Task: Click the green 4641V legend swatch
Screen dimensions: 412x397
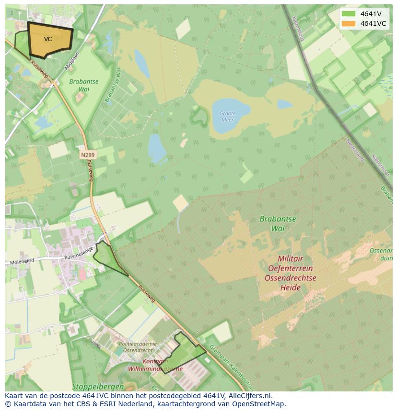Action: tap(349, 14)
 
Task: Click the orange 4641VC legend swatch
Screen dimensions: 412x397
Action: tap(349, 23)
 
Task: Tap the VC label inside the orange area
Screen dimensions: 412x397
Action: tap(48, 39)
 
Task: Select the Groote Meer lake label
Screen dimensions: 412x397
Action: tap(227, 116)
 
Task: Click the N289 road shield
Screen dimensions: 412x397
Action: tap(88, 155)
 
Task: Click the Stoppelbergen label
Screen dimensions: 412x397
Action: tap(98, 386)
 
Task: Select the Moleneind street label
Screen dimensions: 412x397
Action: tap(22, 262)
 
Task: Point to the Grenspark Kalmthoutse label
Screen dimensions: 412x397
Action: tap(230, 367)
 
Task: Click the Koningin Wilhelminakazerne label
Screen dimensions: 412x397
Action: tap(155, 365)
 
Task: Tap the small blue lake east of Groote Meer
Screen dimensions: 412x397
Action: tap(284, 104)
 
